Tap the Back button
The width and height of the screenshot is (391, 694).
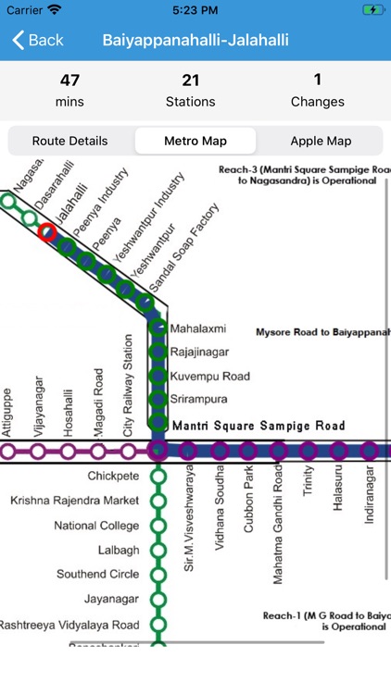(37, 40)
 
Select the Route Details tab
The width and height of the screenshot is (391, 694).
(70, 142)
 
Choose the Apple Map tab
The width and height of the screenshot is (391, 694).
(321, 142)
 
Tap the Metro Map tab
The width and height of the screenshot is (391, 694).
(195, 142)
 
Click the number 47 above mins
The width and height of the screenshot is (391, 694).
(69, 81)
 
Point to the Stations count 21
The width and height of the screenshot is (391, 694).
(191, 81)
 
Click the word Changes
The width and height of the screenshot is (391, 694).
(318, 102)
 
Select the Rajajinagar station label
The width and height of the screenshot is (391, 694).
(199, 353)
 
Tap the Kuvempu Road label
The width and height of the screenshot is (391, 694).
(210, 377)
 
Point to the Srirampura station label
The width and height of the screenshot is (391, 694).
(198, 400)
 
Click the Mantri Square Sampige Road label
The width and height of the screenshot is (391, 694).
(259, 427)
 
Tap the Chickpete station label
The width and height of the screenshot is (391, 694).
(113, 477)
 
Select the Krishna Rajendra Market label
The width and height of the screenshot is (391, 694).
(75, 501)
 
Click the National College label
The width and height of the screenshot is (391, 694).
(96, 526)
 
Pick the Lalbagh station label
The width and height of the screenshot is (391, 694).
(118, 551)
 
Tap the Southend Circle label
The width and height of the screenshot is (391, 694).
(98, 575)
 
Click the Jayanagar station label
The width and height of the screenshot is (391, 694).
(111, 600)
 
